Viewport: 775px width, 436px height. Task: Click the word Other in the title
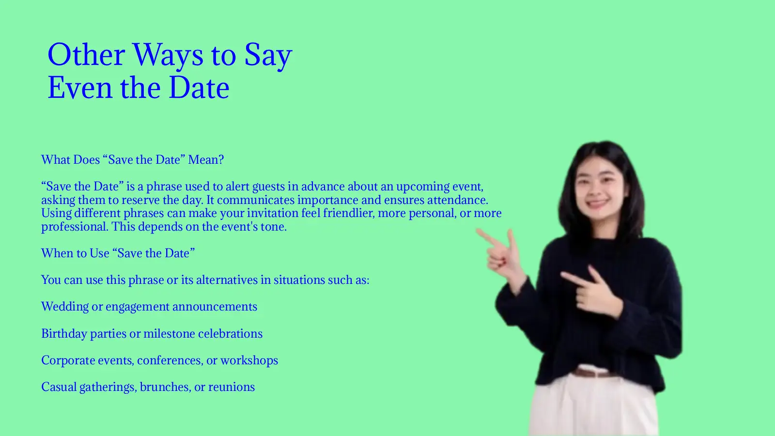tap(86, 54)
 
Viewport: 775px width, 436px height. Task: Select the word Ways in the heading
tap(168, 55)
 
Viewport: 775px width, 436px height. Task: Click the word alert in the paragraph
tap(237, 187)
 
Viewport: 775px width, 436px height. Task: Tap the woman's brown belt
tap(593, 373)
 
